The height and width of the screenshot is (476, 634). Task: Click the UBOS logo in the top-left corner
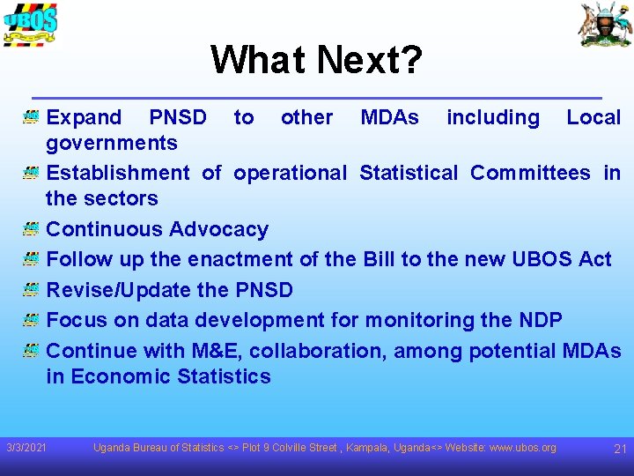(30, 24)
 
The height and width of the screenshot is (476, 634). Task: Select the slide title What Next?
(316, 60)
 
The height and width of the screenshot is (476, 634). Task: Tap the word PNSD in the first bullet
(178, 117)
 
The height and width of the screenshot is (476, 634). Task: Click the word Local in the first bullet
(593, 117)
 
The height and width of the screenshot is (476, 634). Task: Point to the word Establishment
(117, 173)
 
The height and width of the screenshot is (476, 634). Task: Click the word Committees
(530, 173)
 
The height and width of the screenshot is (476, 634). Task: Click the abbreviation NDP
(538, 320)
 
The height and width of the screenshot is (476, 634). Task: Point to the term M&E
(217, 351)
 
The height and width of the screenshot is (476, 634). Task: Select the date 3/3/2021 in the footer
(26, 449)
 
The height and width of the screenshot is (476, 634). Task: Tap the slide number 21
(619, 449)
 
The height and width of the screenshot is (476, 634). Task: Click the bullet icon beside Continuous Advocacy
(31, 229)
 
